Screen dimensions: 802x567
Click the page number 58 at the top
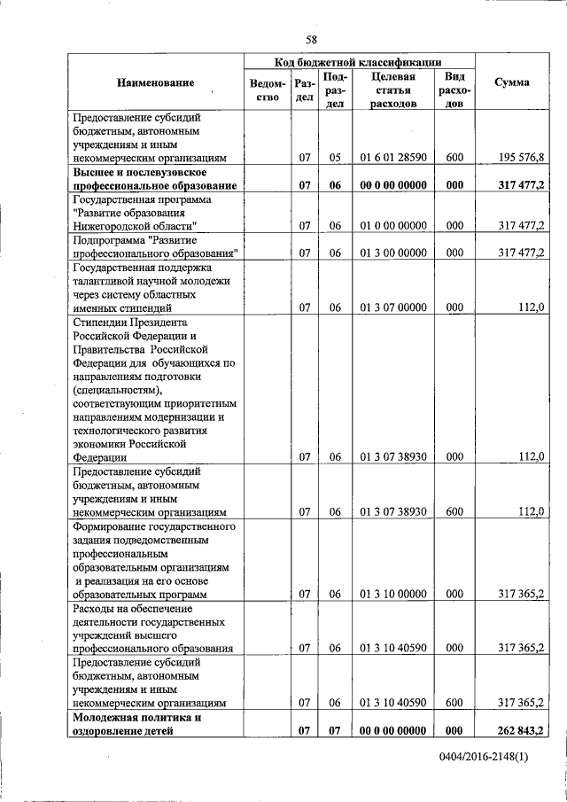click(311, 39)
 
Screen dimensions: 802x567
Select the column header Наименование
click(155, 82)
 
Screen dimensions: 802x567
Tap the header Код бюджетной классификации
click(359, 62)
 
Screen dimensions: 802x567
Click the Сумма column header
click(512, 82)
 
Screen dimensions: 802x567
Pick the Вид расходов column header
click(454, 90)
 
